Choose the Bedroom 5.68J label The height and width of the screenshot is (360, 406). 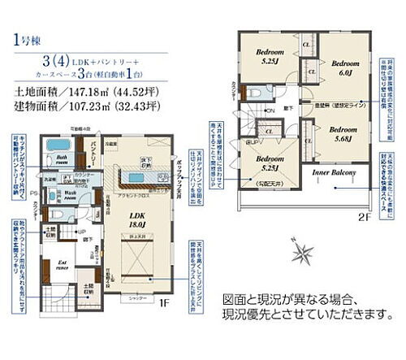(343, 134)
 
